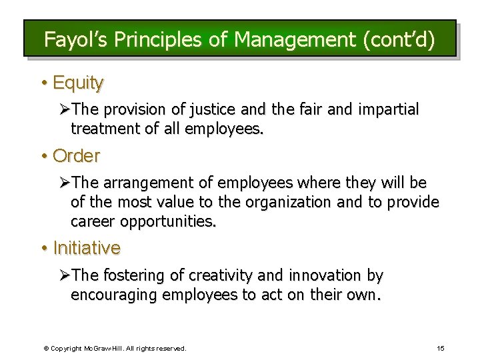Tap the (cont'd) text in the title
399,40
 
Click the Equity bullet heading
78,83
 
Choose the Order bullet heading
76,156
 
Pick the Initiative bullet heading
87,248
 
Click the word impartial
389,109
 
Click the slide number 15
441,348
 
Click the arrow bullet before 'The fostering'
64,275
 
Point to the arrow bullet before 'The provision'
64,109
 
